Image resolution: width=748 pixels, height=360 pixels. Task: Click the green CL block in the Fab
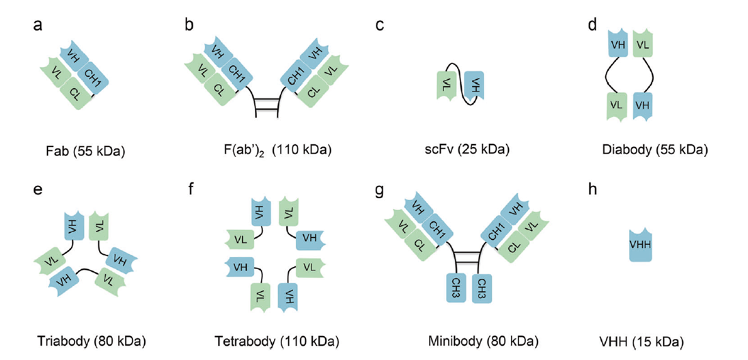pos(76,94)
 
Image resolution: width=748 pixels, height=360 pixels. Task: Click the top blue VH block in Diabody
pos(618,44)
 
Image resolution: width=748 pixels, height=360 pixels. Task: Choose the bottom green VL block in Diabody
pos(618,107)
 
